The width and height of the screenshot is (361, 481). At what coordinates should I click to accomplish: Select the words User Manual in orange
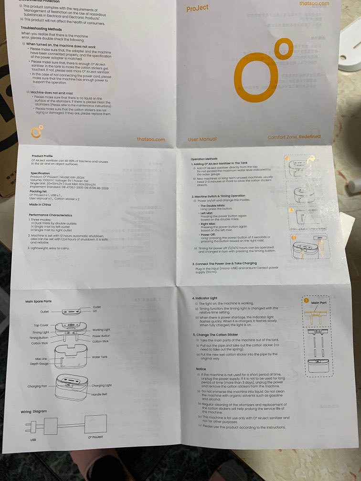tap(202, 139)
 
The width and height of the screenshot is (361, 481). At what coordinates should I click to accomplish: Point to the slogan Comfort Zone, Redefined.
tap(294, 137)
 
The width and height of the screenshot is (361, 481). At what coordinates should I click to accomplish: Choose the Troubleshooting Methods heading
tap(41, 29)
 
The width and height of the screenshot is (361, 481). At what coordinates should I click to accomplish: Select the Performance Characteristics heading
tap(51, 216)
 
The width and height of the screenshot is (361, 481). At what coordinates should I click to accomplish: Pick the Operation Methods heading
tap(204, 158)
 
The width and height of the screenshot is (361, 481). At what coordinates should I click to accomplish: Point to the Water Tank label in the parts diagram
tap(99, 357)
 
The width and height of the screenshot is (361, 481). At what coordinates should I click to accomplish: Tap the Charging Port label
tap(37, 387)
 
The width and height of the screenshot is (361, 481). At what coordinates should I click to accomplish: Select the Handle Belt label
tap(100, 395)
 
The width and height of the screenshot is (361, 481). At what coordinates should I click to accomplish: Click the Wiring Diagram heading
tap(33, 411)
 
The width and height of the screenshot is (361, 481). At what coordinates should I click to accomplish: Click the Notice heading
tap(201, 369)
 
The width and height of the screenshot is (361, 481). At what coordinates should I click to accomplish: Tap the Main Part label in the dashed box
tap(319, 303)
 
